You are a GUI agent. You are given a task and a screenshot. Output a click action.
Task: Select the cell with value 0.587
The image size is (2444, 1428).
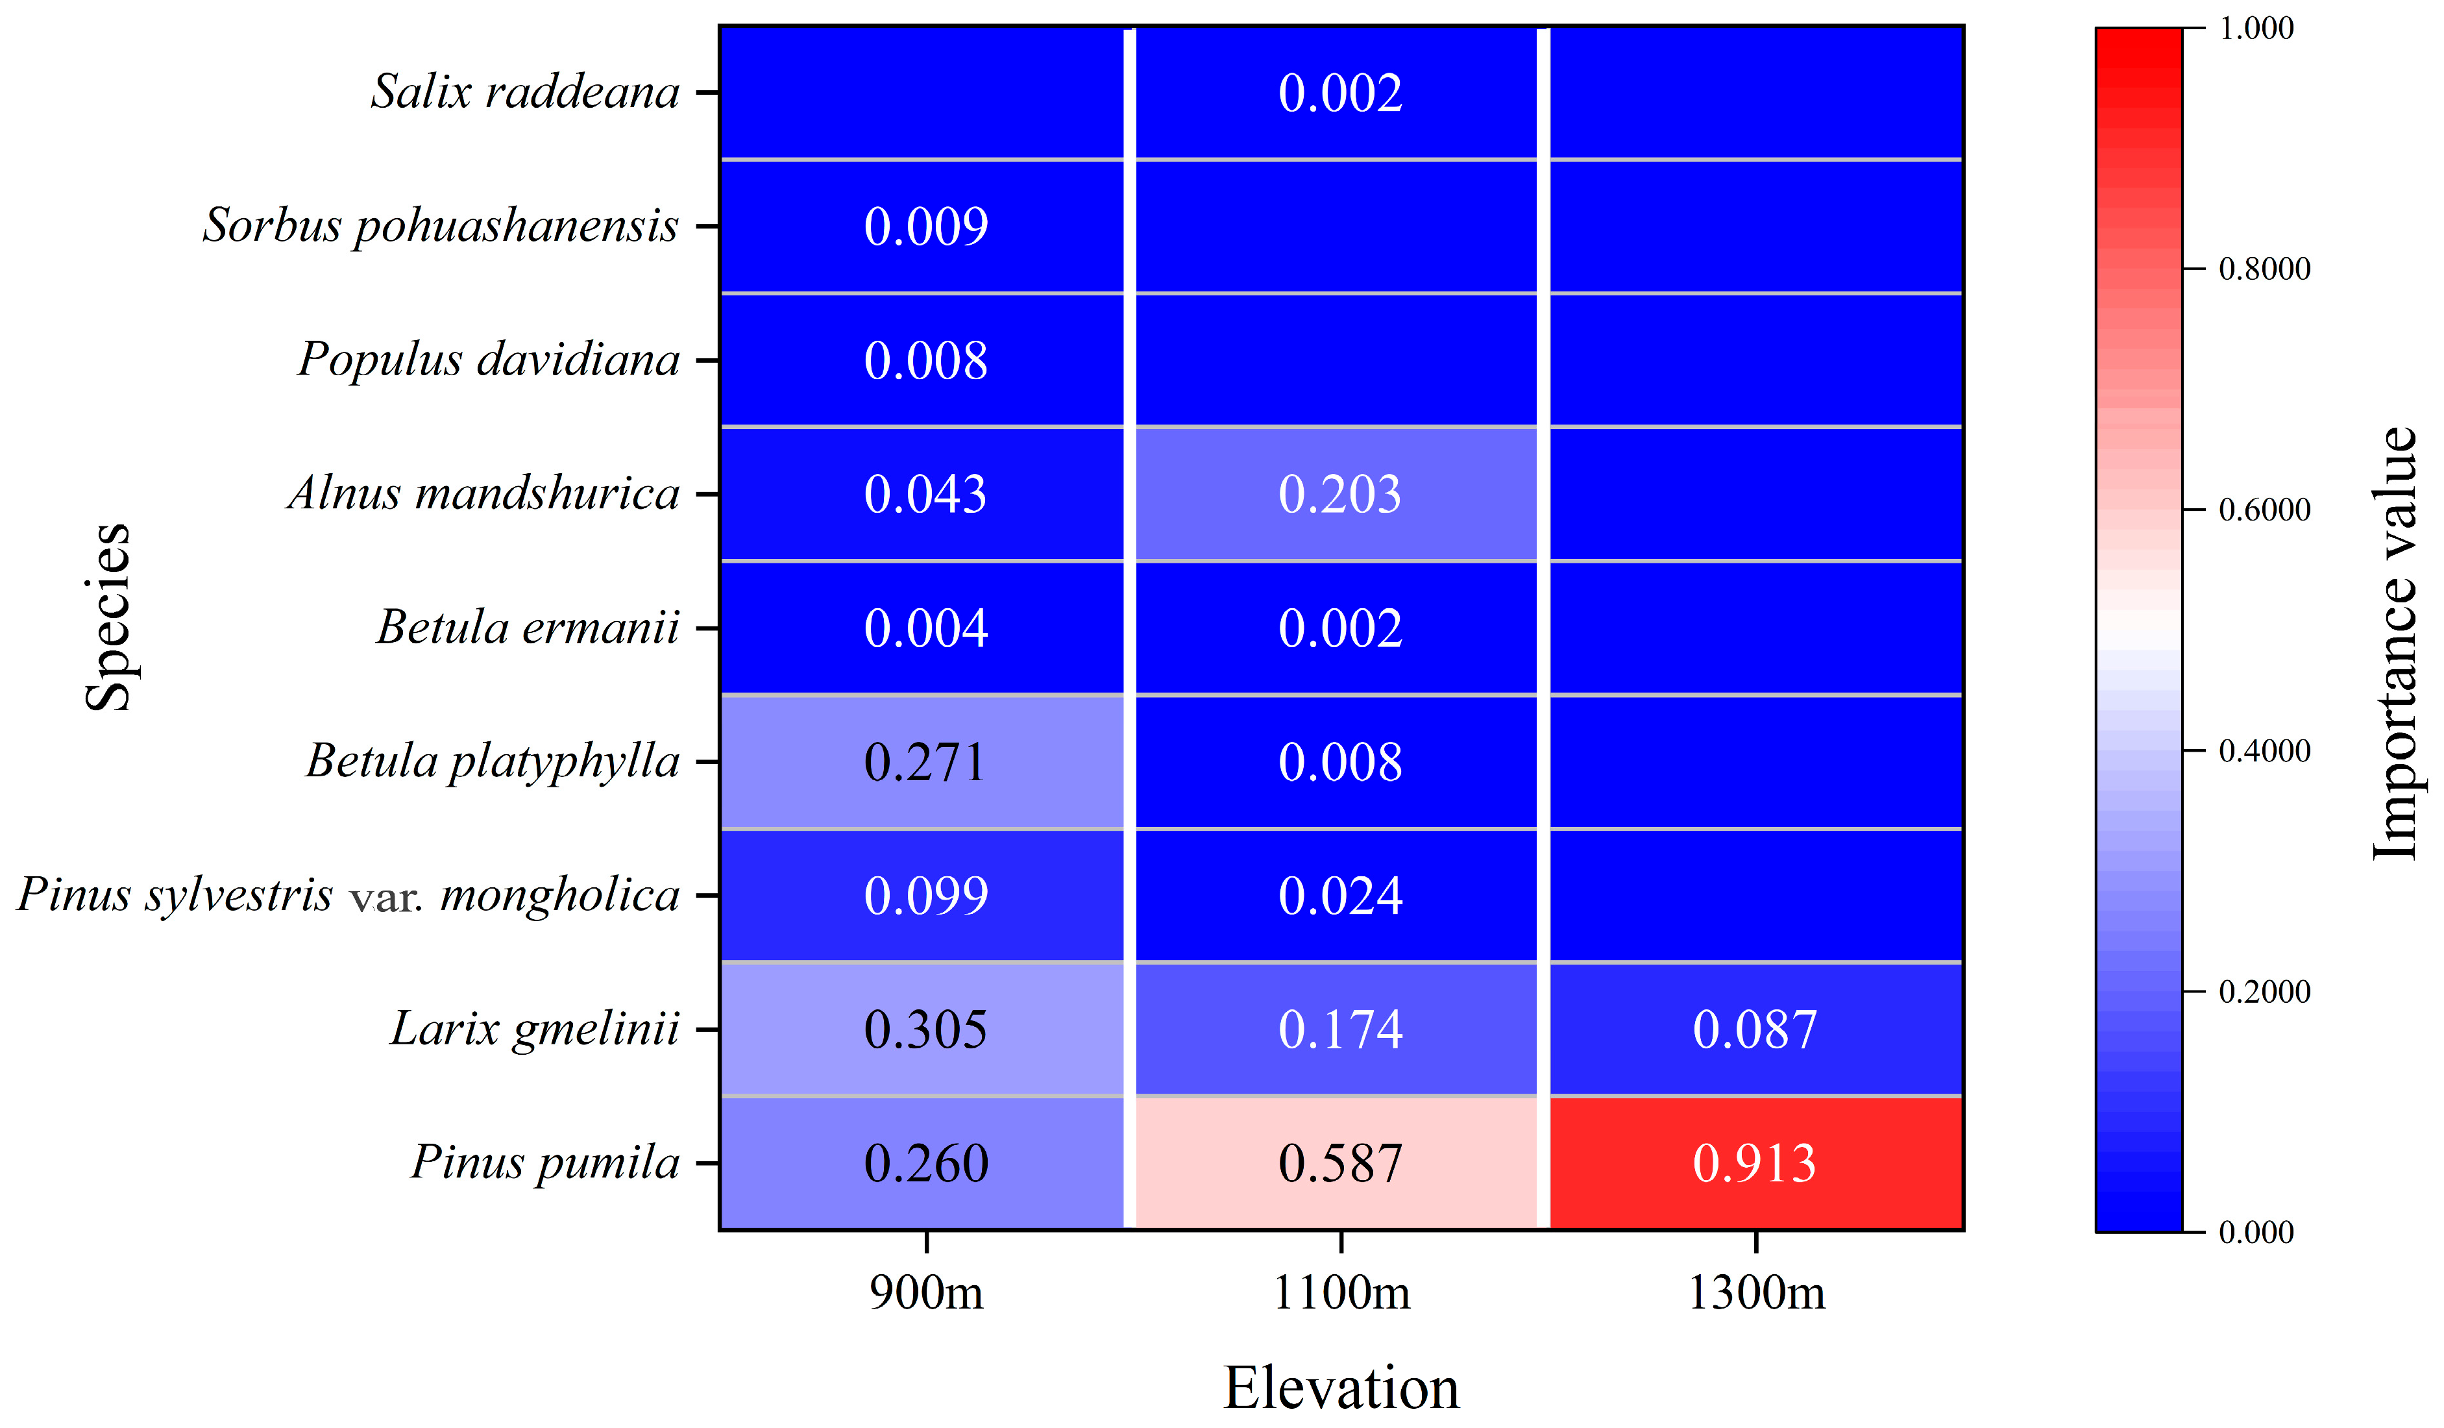point(1340,1163)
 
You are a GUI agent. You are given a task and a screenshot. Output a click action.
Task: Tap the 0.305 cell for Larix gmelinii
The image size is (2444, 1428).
point(925,1029)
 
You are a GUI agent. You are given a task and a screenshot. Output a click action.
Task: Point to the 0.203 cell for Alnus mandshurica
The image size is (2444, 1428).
point(1340,494)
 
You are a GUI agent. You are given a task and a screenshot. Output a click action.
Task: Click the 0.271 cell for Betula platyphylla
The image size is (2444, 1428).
point(925,761)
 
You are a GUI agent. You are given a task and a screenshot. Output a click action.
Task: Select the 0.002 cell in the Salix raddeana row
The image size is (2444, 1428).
point(1340,93)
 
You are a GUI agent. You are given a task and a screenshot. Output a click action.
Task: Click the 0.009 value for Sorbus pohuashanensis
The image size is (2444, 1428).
point(925,226)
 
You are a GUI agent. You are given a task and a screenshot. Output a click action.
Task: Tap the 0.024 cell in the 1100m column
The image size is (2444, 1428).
point(1340,895)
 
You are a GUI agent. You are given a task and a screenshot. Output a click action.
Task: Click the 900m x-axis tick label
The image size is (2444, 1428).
point(926,1293)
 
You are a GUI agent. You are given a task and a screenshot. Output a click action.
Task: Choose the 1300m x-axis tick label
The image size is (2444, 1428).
point(1756,1293)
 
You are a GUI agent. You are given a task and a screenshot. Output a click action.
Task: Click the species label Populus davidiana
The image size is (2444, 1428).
point(489,360)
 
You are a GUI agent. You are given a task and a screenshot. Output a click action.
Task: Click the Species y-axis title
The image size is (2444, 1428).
point(108,617)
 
